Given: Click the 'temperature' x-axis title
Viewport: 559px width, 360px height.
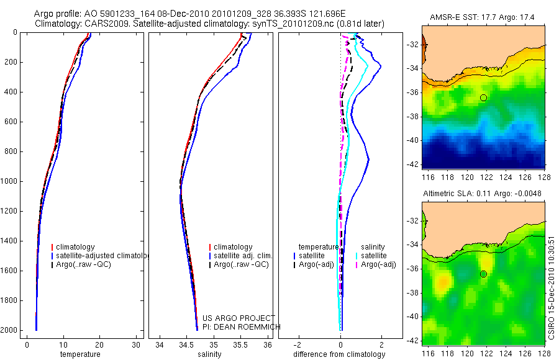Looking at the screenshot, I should (x=80, y=354).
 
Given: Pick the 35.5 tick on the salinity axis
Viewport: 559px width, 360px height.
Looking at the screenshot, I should (x=241, y=345).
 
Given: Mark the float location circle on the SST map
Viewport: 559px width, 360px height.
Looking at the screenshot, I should (x=483, y=97).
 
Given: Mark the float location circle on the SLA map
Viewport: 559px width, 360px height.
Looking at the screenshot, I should (x=483, y=274).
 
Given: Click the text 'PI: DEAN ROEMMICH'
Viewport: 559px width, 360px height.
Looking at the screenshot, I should (x=242, y=326).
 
